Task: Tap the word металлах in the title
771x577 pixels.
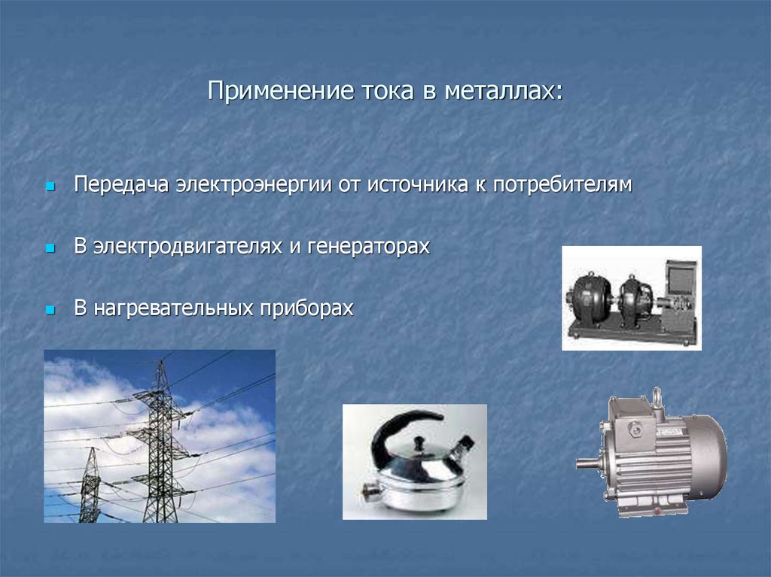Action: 504,93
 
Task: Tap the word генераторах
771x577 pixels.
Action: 368,247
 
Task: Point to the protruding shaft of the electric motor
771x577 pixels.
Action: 587,463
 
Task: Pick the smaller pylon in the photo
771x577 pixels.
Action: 90,485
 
